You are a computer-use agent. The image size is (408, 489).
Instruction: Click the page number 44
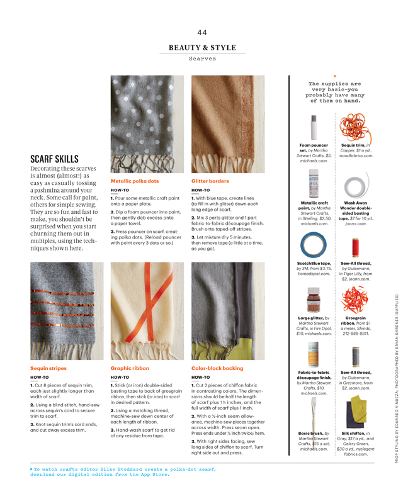pos(202,33)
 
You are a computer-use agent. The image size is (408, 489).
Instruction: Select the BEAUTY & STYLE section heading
pos(202,48)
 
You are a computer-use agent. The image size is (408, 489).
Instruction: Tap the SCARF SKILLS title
pos(55,159)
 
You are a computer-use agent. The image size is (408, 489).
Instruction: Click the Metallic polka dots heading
pos(135,181)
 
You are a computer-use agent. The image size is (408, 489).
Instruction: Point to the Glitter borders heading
pos(210,181)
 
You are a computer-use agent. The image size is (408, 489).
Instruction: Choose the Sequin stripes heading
pos(48,368)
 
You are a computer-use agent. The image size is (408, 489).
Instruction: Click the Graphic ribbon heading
pos(129,368)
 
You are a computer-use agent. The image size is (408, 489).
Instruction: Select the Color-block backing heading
pos(217,368)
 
